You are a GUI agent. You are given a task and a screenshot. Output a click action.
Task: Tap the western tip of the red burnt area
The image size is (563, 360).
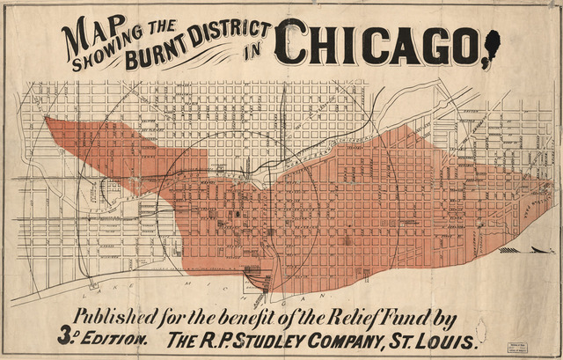pos(47,120)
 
